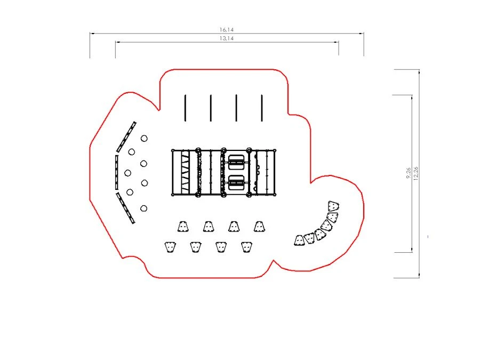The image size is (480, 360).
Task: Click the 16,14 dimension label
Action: pos(227,30)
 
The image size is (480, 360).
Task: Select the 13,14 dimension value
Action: pos(227,38)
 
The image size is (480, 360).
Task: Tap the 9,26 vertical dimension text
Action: pos(409,173)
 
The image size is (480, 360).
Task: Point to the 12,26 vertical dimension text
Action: pos(415,173)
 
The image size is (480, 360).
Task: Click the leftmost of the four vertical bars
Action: pos(185,108)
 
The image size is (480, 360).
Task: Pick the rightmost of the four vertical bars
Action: pos(262,108)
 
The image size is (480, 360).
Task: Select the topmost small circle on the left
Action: pos(144,138)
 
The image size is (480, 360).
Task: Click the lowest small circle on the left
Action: pos(144,209)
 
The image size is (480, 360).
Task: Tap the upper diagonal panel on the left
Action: pos(126,137)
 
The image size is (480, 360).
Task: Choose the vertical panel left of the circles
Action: pos(117,172)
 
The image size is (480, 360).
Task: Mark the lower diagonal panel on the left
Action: pos(125,208)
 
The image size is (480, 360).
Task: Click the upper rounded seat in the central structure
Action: pos(236,162)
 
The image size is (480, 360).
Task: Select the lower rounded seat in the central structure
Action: pos(236,183)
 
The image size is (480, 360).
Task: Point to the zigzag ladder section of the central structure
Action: pos(186,172)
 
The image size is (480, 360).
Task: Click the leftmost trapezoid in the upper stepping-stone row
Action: pos(183,226)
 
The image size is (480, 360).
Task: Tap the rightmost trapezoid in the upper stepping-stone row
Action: pos(259,226)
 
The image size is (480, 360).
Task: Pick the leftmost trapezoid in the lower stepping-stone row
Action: pos(170,247)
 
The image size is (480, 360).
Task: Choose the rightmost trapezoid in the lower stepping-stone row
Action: pos(246,247)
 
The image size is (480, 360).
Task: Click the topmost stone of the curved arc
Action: pos(333,206)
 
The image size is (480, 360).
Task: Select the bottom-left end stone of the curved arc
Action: pos(299,241)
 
